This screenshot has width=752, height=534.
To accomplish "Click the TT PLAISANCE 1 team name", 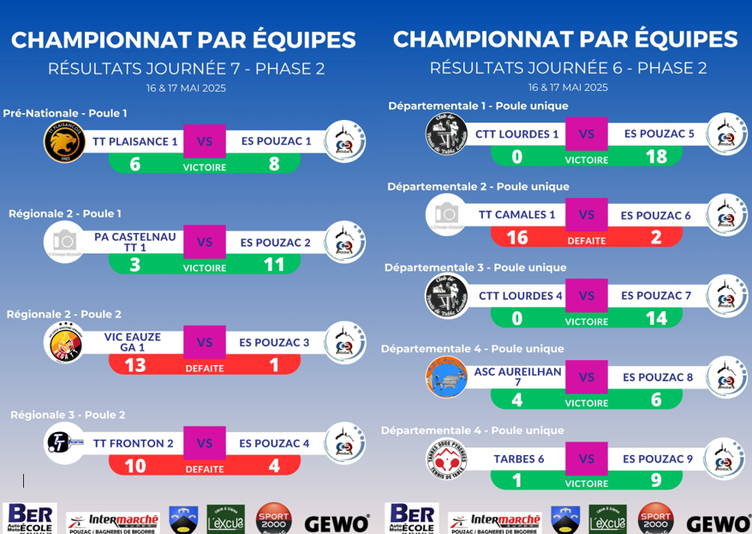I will coord(135,141).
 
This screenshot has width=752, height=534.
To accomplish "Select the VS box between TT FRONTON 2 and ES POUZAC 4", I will coord(205,443).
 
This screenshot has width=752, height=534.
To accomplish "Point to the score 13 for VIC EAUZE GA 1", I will coord(134,366).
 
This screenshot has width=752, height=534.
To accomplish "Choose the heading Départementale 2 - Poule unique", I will coord(478,186).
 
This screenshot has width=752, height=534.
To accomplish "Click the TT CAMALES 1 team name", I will coord(516,215).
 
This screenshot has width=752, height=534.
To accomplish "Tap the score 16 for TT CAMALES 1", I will coord(516,238).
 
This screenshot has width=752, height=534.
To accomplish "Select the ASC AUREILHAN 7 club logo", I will coord(446,377).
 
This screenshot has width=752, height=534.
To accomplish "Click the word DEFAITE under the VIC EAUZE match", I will coord(205,369).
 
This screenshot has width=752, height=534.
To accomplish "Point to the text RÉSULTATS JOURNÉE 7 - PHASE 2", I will coord(187,69).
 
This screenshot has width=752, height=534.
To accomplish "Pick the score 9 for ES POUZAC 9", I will coord(657,481).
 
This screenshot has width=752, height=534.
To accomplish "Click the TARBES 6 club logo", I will coord(446,459).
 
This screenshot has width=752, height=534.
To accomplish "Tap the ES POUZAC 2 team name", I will coord(275,243).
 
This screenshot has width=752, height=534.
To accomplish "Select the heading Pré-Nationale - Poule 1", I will coord(65,113).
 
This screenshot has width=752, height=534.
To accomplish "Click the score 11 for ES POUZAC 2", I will coord(274,265).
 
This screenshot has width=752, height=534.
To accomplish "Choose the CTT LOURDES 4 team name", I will coord(516,296).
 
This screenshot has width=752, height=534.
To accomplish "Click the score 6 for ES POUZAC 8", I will coord(657,400).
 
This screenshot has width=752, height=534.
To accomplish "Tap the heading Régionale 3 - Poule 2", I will coord(68,415).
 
